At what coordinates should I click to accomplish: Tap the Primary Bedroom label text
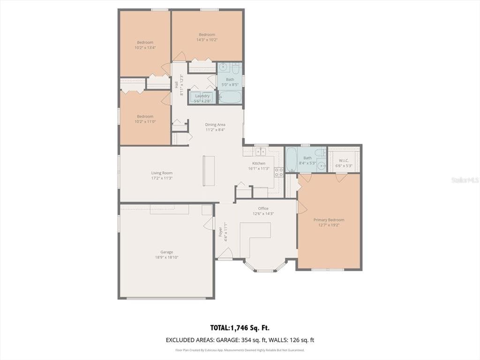point(329,220)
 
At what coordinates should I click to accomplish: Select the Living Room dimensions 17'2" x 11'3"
point(162,178)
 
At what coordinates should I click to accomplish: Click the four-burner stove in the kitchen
point(278,172)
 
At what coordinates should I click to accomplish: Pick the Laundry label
point(202,96)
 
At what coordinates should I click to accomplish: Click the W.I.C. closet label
point(344,160)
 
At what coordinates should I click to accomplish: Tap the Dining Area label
point(215,125)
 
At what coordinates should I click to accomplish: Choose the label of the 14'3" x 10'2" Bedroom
point(207,34)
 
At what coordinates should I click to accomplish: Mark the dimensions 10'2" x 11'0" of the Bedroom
point(145,121)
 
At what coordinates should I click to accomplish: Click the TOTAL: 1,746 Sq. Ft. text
point(240,328)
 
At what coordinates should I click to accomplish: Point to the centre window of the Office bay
point(265,270)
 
